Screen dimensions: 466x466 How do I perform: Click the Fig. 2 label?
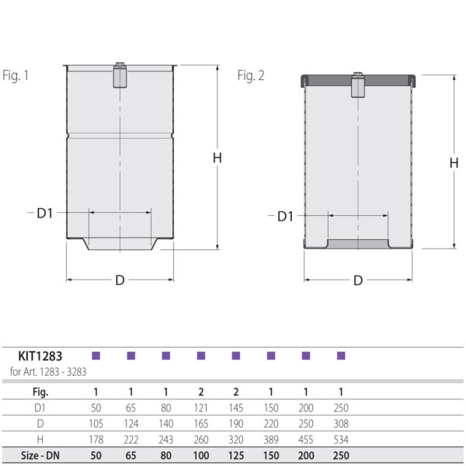(x=251, y=75)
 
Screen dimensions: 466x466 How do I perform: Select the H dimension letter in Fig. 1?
(x=217, y=158)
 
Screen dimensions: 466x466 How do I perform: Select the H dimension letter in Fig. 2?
(x=454, y=162)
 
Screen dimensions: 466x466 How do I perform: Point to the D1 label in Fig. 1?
(x=45, y=212)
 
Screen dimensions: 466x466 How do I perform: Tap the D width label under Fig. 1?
(x=120, y=280)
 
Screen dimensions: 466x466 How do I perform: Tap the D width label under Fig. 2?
(x=357, y=280)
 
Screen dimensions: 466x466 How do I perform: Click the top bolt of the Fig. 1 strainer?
(x=120, y=75)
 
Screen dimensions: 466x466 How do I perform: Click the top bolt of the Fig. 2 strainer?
(x=357, y=85)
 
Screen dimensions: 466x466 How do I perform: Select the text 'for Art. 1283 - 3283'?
(x=48, y=371)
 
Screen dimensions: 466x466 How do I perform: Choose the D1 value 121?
(x=200, y=407)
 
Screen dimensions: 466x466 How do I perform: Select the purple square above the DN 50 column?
(x=96, y=356)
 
